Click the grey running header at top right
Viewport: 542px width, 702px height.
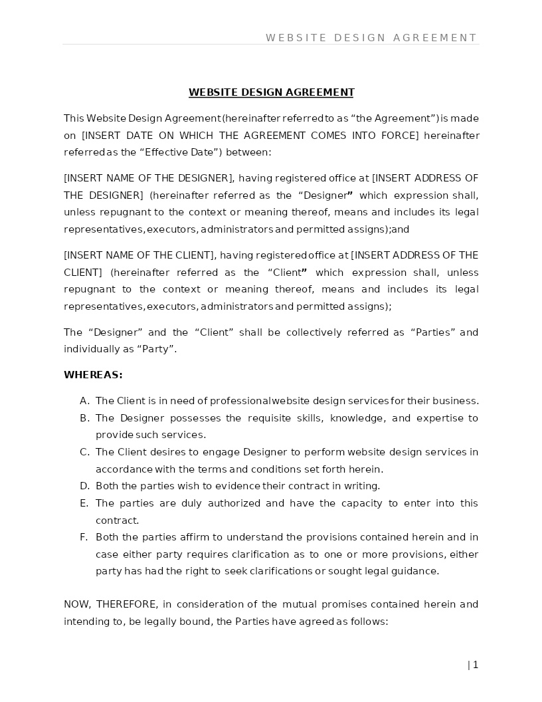pyautogui.click(x=371, y=38)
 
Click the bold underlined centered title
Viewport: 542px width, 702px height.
pyautogui.click(x=271, y=92)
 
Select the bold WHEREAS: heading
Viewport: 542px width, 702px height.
pyautogui.click(x=93, y=375)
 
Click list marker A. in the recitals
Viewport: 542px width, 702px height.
pyautogui.click(x=84, y=401)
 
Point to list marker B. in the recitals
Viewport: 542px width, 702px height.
pyautogui.click(x=84, y=418)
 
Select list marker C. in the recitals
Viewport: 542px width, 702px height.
pyautogui.click(x=84, y=452)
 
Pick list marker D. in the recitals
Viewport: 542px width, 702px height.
pyautogui.click(x=84, y=486)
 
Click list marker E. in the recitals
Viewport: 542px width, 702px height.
pyautogui.click(x=84, y=503)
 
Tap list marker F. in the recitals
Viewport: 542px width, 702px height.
pyautogui.click(x=84, y=537)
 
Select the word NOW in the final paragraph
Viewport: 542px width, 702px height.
pyautogui.click(x=76, y=604)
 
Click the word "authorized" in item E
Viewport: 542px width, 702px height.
pyautogui.click(x=233, y=503)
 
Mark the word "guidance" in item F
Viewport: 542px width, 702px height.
pyautogui.click(x=416, y=571)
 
